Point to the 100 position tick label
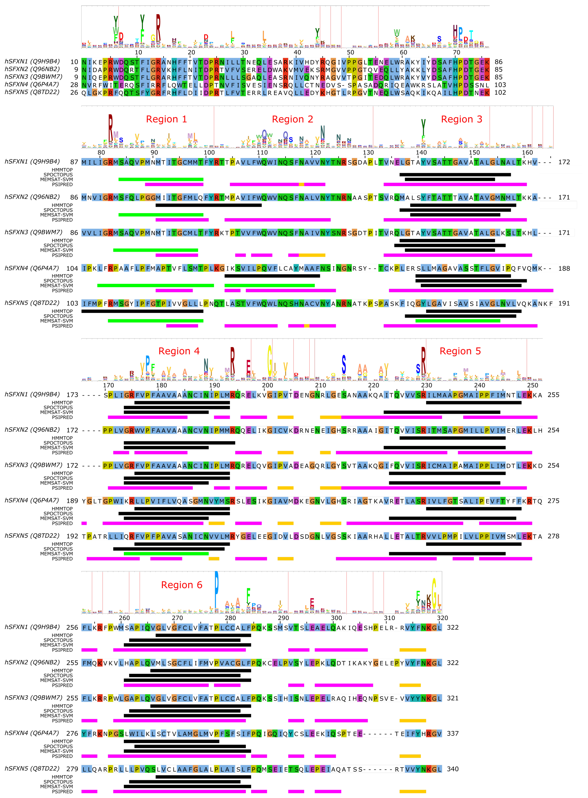pos(209,153)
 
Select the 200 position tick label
pos(267,385)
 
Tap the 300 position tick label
pos(336,618)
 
